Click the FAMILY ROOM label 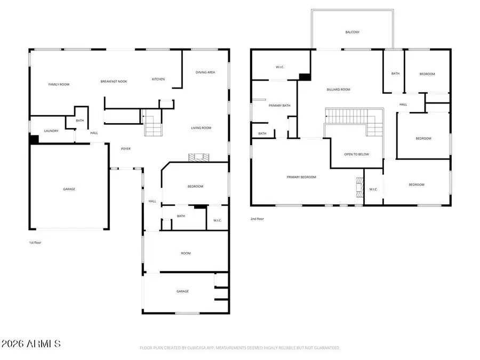pyautogui.click(x=59, y=84)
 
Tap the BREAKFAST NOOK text pyautogui.click(x=114, y=81)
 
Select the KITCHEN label pyautogui.click(x=158, y=79)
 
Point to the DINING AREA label pyautogui.click(x=205, y=72)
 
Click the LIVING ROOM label pyautogui.click(x=201, y=127)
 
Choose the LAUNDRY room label pyautogui.click(x=51, y=131)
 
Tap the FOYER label pyautogui.click(x=126, y=149)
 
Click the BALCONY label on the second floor pyautogui.click(x=352, y=32)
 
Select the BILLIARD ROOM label pyautogui.click(x=338, y=90)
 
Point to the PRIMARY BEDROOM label pyautogui.click(x=301, y=177)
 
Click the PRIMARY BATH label pyautogui.click(x=279, y=106)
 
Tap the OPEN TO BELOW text pyautogui.click(x=356, y=154)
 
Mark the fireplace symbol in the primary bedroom pyautogui.click(x=359, y=187)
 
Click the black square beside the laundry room pyautogui.click(x=34, y=139)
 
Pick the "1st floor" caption pyautogui.click(x=35, y=243)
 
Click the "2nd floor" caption pyautogui.click(x=257, y=219)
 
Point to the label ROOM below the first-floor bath pyautogui.click(x=186, y=253)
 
